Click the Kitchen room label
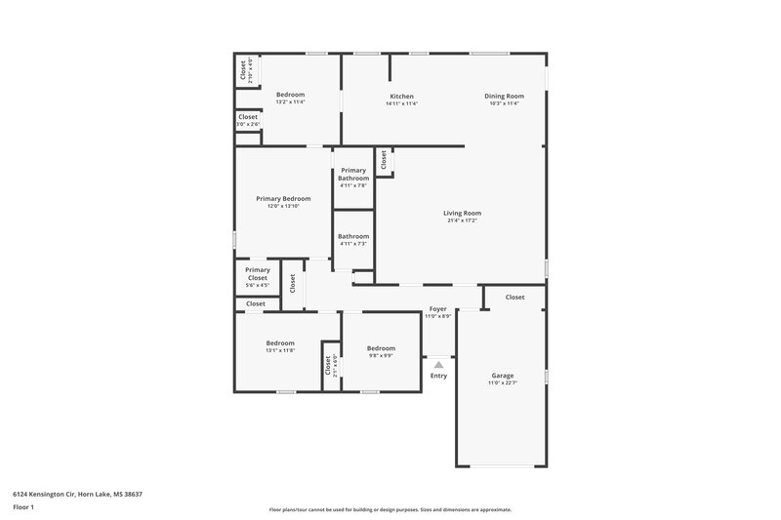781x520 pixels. point(402,97)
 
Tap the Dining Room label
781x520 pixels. point(505,96)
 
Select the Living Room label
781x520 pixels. point(463,214)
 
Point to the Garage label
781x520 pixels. point(503,376)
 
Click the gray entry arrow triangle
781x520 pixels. point(438,365)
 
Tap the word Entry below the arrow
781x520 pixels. point(438,377)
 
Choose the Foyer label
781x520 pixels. point(437,309)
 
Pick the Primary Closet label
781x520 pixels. point(258,274)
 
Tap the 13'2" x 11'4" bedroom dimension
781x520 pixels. point(291,102)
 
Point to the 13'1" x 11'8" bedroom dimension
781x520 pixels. point(280,350)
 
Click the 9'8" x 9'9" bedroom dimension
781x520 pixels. point(381,356)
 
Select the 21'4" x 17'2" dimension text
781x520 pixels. point(463,221)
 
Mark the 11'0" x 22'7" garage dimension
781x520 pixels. point(503,383)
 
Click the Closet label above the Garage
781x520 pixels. point(514,297)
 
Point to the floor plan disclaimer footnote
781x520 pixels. point(390,509)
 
